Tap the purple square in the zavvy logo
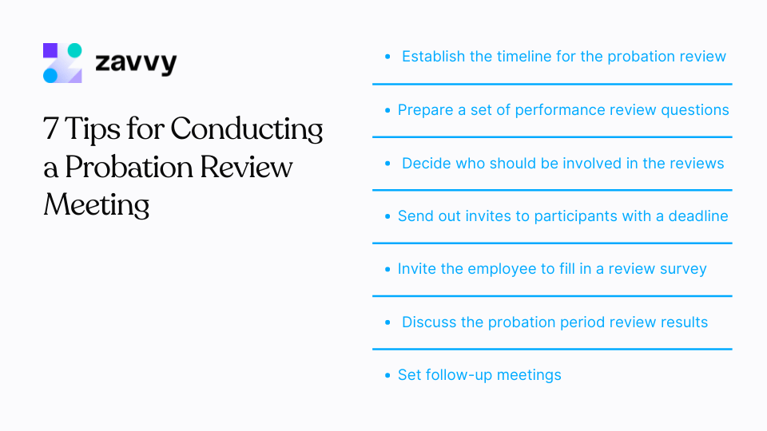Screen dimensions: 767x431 click(50, 50)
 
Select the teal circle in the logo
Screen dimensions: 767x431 click(74, 50)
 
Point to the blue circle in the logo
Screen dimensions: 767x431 click(50, 75)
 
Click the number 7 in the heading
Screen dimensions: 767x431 click(50, 129)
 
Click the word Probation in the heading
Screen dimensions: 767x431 click(129, 167)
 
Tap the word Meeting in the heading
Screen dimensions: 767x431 click(97, 205)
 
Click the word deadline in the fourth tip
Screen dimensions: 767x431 click(698, 216)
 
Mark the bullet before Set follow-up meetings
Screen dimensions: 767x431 click(387, 375)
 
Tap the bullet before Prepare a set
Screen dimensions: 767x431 click(387, 110)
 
